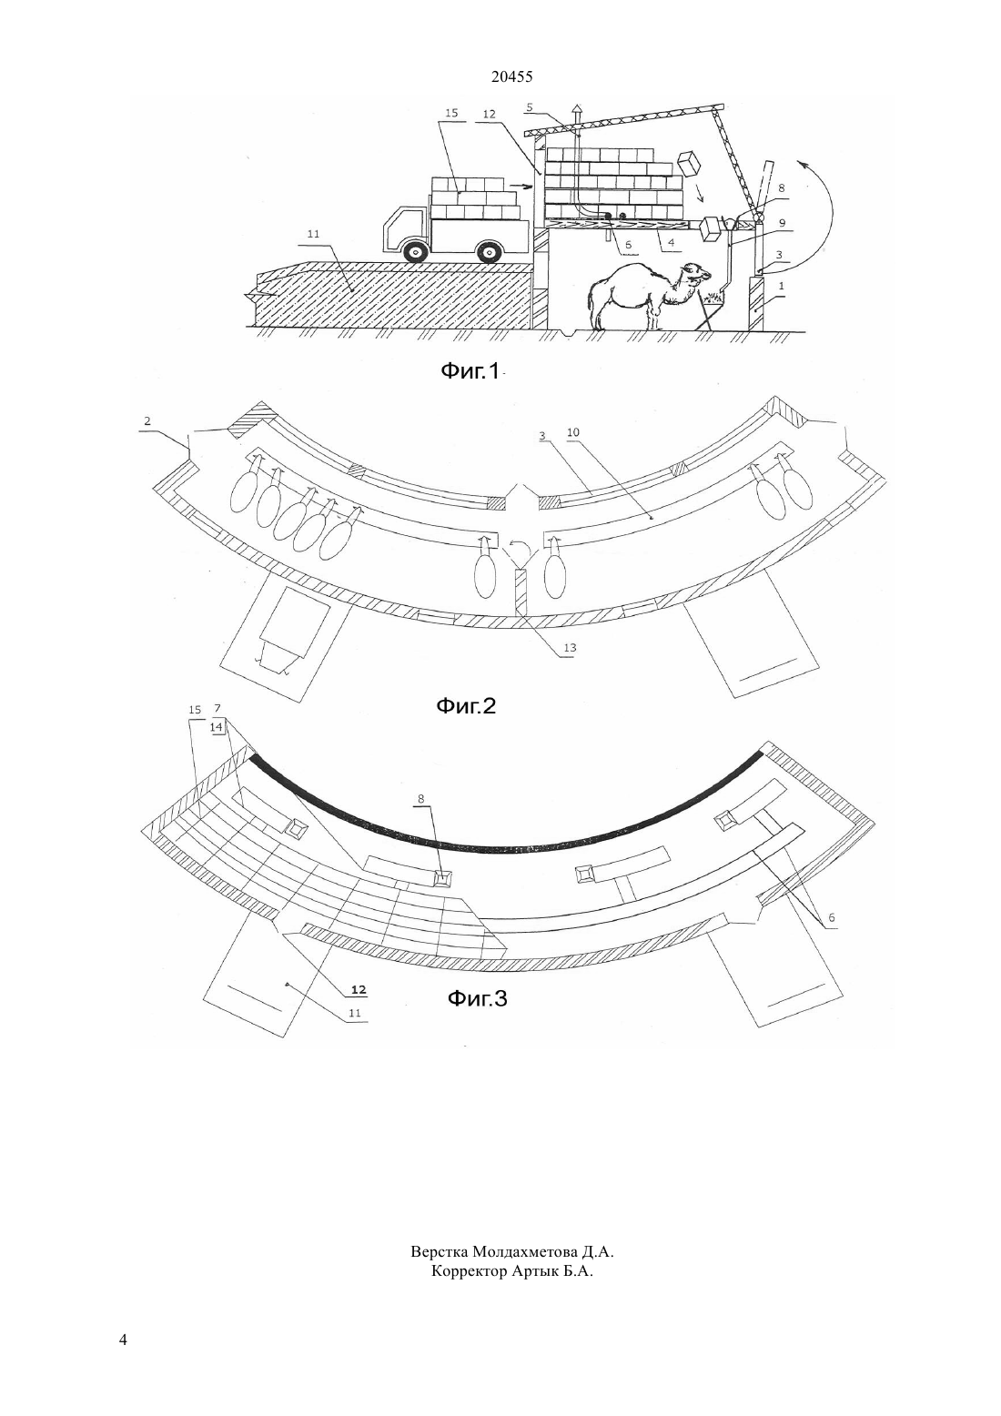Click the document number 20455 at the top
point(511,77)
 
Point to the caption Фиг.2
point(466,705)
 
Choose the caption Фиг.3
point(477,998)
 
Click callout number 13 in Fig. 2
point(570,647)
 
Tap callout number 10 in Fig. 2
point(573,432)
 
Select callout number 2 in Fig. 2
point(147,420)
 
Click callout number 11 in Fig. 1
point(313,234)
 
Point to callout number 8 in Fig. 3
point(420,799)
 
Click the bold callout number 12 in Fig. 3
point(359,989)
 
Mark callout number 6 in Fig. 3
point(831,917)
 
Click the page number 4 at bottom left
point(123,1340)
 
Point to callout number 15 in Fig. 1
point(451,113)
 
